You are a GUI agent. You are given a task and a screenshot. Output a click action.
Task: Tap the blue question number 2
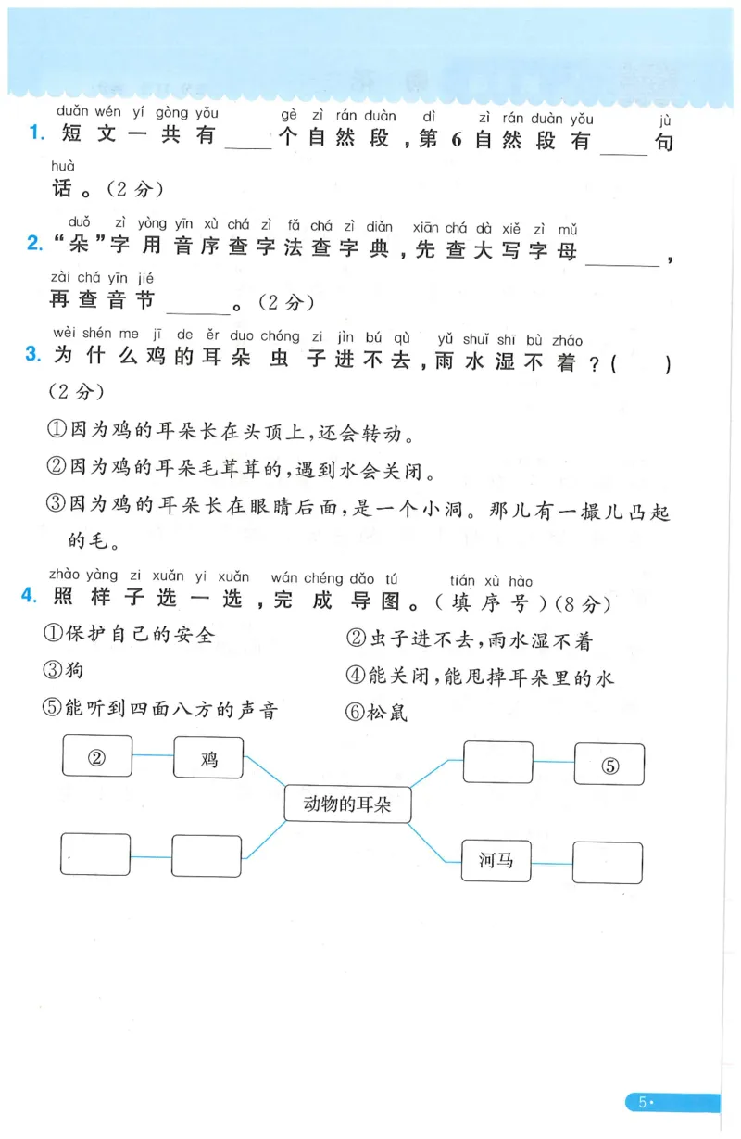[x=34, y=244]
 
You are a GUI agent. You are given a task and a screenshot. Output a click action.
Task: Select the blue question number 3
[x=34, y=354]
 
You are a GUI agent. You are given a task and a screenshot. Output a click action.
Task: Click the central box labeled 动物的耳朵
[x=347, y=804]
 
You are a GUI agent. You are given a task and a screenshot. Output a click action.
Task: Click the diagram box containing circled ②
[x=97, y=756]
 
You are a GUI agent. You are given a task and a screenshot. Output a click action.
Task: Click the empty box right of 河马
[x=608, y=862]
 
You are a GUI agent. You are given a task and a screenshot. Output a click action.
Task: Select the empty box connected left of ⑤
[x=498, y=763]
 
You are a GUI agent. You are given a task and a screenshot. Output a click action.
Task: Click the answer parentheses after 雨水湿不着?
[x=640, y=365]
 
